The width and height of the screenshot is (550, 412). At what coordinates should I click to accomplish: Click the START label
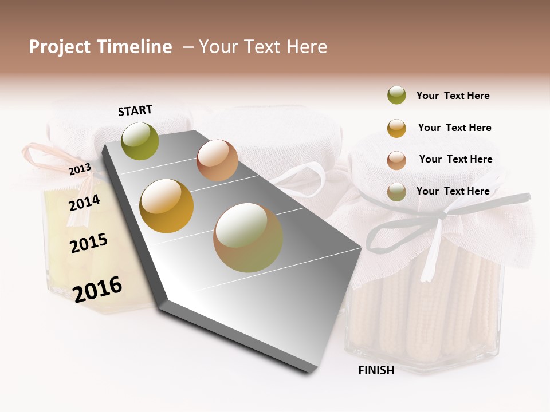click(x=135, y=110)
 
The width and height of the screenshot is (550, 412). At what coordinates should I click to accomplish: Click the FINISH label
click(x=376, y=370)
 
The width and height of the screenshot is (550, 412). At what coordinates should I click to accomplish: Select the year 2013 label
click(x=80, y=169)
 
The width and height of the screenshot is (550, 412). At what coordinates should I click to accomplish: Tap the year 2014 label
click(x=84, y=203)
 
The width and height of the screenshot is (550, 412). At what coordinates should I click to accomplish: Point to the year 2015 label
click(x=89, y=243)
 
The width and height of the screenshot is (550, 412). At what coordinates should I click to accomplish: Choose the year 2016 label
click(x=97, y=289)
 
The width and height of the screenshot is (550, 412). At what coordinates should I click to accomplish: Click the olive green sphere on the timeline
click(x=140, y=141)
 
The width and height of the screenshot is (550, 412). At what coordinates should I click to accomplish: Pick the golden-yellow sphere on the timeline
click(x=166, y=205)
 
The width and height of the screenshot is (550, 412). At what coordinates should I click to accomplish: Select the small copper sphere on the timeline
click(x=217, y=160)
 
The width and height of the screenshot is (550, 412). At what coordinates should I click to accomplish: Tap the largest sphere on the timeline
click(x=248, y=237)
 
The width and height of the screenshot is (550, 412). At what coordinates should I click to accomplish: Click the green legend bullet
click(x=396, y=96)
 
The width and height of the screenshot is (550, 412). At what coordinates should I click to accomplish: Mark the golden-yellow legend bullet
click(x=396, y=128)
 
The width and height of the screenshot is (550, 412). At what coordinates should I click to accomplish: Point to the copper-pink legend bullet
click(x=396, y=160)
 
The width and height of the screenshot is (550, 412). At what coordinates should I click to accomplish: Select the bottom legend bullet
click(x=396, y=192)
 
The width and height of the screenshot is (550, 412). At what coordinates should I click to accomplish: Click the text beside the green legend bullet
click(x=453, y=96)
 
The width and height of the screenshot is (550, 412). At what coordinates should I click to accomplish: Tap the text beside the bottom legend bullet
click(x=453, y=191)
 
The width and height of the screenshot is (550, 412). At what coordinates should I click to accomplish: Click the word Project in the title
click(x=60, y=47)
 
